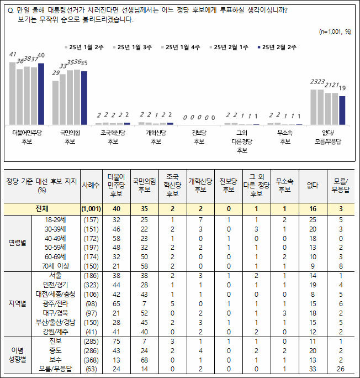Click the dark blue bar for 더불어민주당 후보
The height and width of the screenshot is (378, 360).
(x=41, y=94)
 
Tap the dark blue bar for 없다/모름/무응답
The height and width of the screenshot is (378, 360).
(x=342, y=110)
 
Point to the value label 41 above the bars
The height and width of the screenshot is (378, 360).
(x=13, y=54)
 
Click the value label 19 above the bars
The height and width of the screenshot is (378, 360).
(x=342, y=88)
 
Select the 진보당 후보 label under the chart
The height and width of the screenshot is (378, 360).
(x=199, y=136)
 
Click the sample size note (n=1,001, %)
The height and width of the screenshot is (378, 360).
(x=335, y=32)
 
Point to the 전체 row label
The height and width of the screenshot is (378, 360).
(x=41, y=208)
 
